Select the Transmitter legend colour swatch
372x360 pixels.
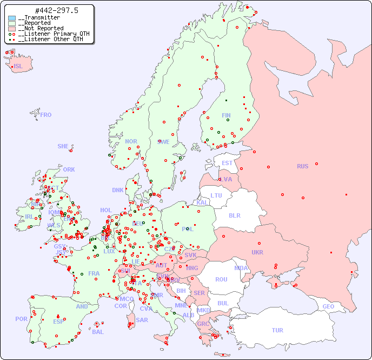click(12, 18)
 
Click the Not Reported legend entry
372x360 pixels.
click(41, 29)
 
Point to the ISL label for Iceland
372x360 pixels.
click(18, 67)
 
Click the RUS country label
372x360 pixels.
click(302, 166)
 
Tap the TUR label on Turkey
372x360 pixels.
click(277, 330)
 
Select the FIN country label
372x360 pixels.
click(226, 115)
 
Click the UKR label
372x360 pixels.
click(257, 252)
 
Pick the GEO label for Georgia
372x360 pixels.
click(328, 306)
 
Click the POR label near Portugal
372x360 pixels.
click(21, 319)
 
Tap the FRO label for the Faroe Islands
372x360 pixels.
click(46, 115)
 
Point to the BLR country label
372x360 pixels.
click(234, 215)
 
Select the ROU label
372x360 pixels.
click(221, 279)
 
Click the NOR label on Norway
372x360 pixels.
click(131, 141)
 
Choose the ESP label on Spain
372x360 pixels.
click(58, 322)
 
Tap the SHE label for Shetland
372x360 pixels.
click(63, 146)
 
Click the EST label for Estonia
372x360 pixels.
click(227, 163)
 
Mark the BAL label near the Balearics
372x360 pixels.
click(97, 332)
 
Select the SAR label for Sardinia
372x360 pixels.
click(142, 320)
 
